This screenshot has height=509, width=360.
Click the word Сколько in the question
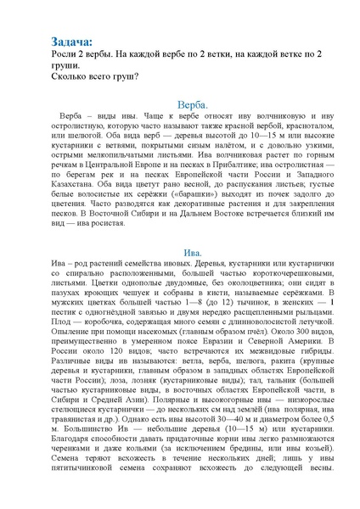tap(70, 75)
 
